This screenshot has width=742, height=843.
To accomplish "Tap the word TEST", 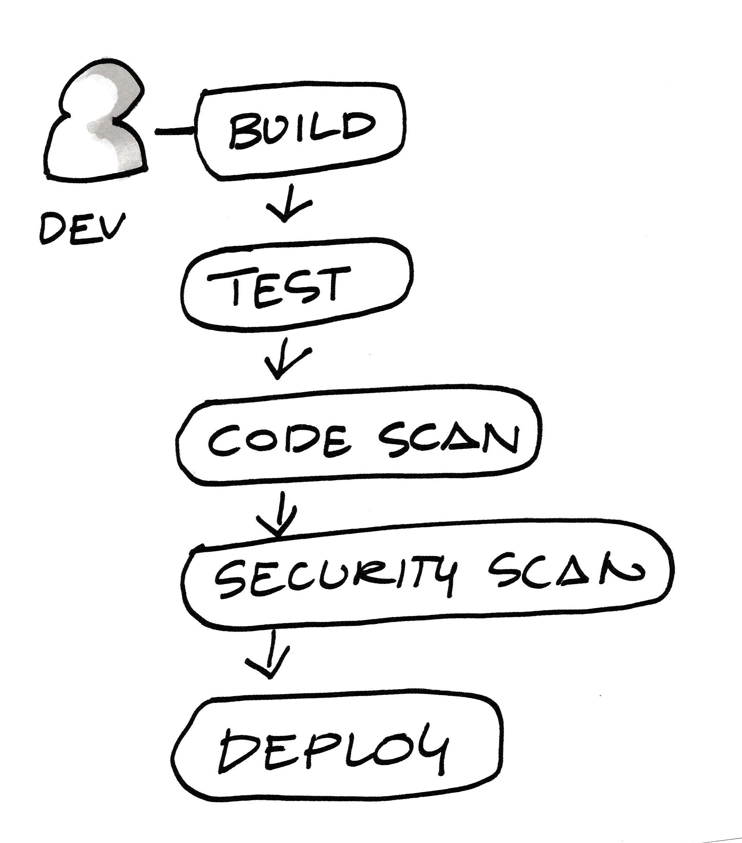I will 279,285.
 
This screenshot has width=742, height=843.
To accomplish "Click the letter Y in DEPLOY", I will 431,751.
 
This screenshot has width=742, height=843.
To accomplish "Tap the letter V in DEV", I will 111,227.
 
